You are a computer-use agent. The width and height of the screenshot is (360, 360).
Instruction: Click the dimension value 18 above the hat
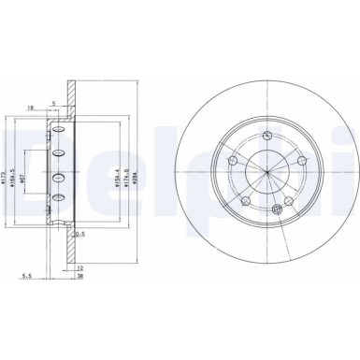tap(32, 108)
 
